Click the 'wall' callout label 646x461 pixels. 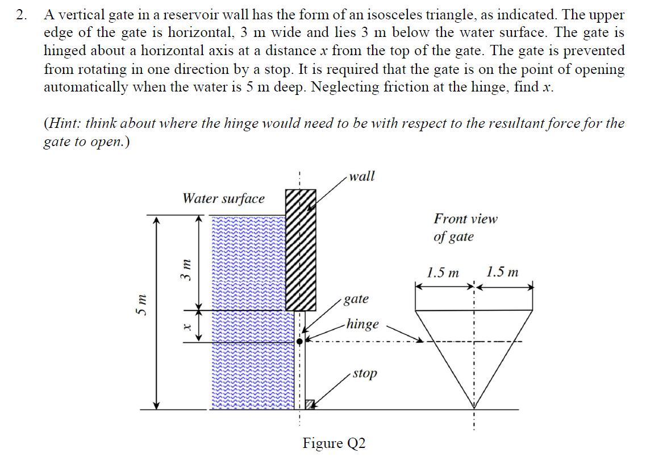point(361,176)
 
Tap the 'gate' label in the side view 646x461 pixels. point(356,299)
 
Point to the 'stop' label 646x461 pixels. point(364,373)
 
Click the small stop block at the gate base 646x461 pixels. point(310,404)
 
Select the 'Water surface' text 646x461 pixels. point(223,198)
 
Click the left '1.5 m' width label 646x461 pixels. point(444,272)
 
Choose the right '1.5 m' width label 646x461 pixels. point(503,272)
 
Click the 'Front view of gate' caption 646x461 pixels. point(465,227)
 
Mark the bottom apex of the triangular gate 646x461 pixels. point(474,408)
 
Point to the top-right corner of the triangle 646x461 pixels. point(532,311)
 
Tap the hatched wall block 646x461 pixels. point(300,250)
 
